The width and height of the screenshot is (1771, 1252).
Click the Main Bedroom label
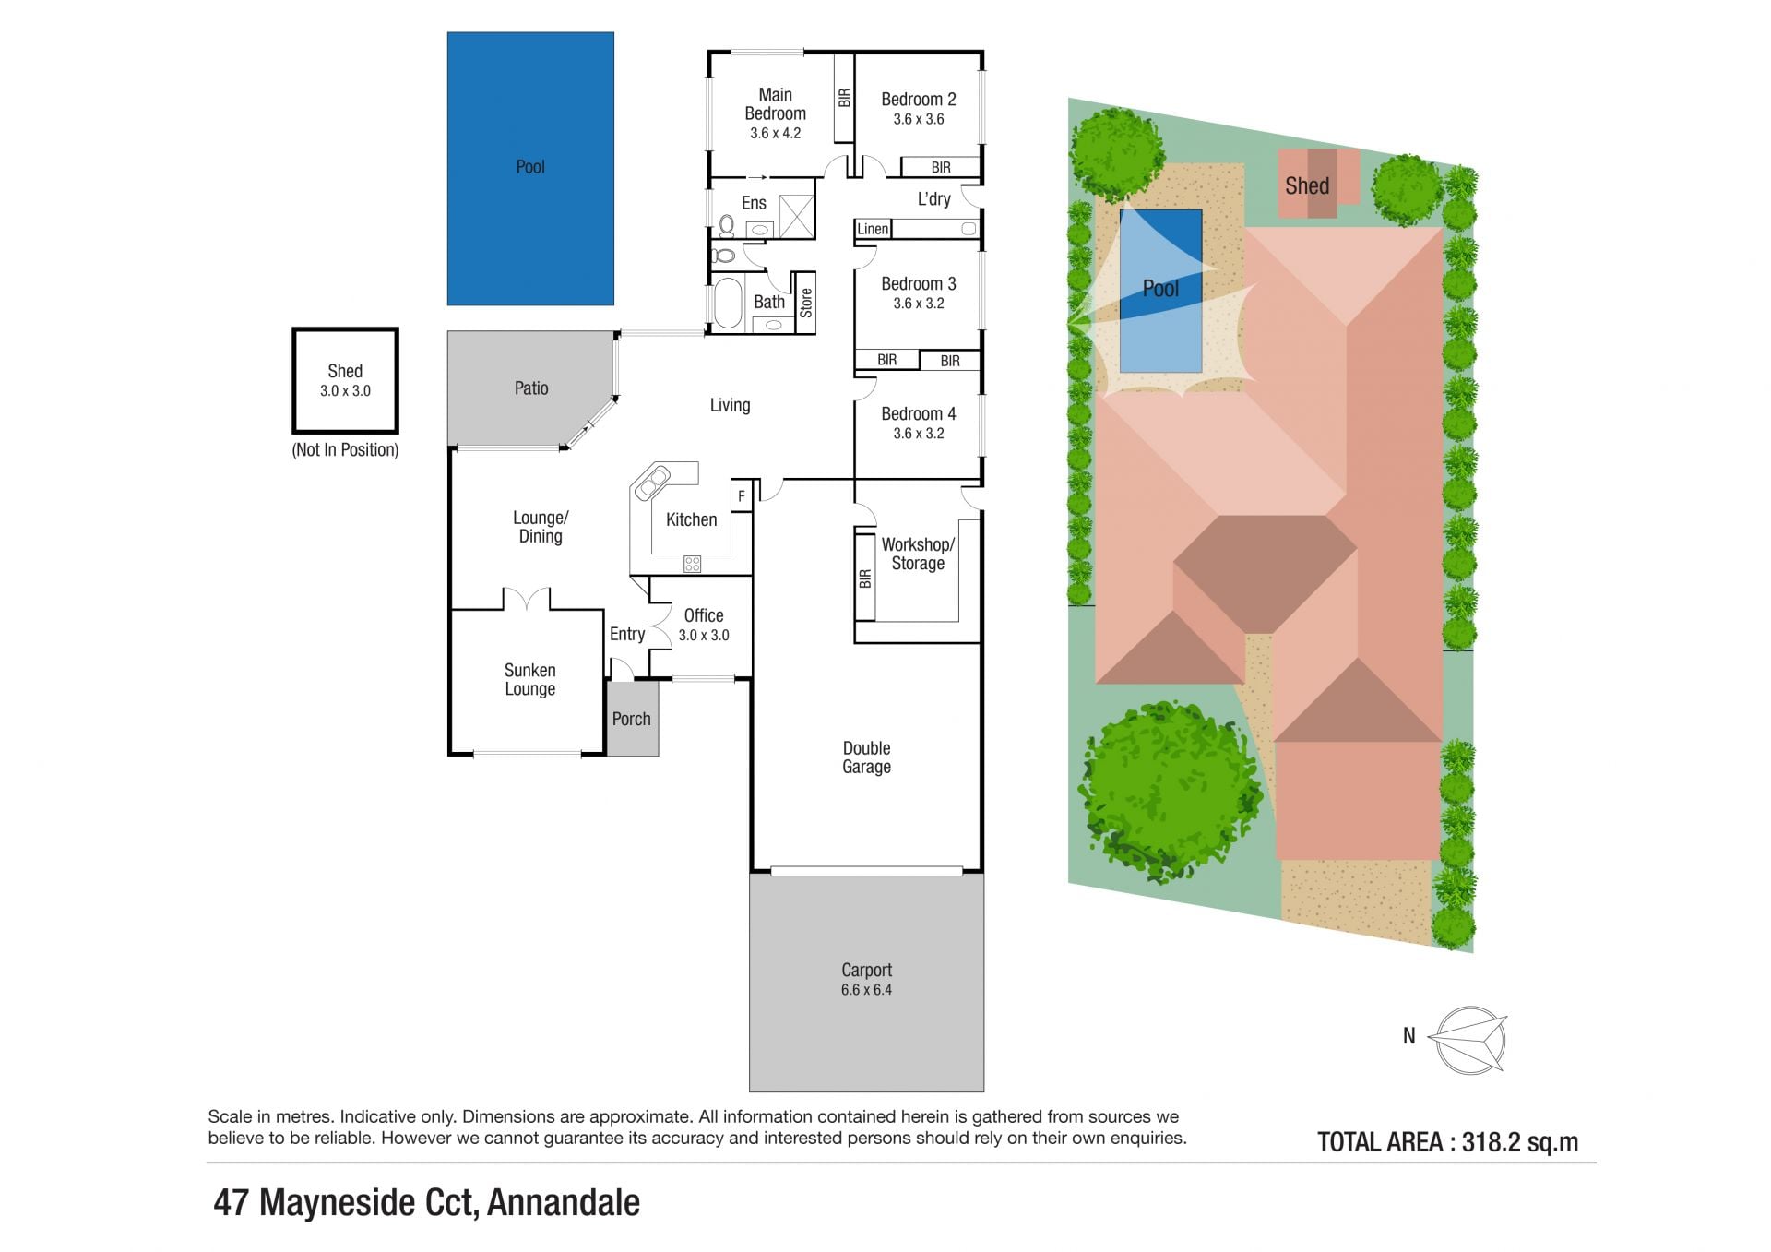click(x=775, y=104)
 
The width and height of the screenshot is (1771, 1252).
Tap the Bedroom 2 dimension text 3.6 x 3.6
click(x=918, y=119)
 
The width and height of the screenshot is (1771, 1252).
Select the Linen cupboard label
click(x=873, y=229)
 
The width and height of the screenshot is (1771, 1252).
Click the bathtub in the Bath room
click(x=728, y=303)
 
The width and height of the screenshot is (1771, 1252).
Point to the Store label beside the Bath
click(x=806, y=303)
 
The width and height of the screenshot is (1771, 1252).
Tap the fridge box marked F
click(x=742, y=496)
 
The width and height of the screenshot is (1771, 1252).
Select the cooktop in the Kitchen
click(x=692, y=563)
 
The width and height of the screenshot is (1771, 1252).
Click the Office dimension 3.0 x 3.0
click(x=704, y=635)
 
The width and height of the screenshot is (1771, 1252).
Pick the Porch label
click(x=632, y=719)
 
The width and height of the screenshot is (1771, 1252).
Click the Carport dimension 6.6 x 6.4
click(x=866, y=990)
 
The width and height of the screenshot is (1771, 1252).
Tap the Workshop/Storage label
click(x=918, y=554)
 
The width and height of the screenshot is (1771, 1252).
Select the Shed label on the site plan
click(x=1307, y=185)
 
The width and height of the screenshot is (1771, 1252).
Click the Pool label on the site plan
click(x=1160, y=289)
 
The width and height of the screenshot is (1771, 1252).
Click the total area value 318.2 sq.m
click(x=1520, y=1142)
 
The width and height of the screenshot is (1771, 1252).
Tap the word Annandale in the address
click(x=564, y=1203)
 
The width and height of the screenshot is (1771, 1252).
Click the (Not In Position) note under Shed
click(x=345, y=450)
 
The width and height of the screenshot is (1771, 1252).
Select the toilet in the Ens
click(x=727, y=224)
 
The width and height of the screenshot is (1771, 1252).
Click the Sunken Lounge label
click(x=529, y=679)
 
